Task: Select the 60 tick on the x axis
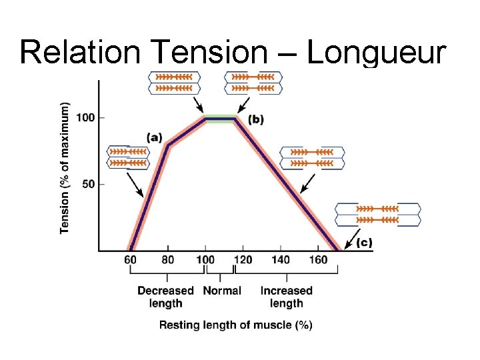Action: (x=131, y=259)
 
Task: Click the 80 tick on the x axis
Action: (x=168, y=259)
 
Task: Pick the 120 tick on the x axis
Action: (x=243, y=259)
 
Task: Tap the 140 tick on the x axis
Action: (x=281, y=259)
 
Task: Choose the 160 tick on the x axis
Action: (x=318, y=259)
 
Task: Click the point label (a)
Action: (x=154, y=137)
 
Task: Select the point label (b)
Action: (x=256, y=119)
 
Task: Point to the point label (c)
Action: (x=364, y=243)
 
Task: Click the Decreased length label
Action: (x=165, y=297)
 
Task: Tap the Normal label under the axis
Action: (x=221, y=291)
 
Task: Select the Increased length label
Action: (x=286, y=297)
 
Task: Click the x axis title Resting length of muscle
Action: (x=235, y=325)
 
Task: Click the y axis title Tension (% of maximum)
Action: (x=65, y=168)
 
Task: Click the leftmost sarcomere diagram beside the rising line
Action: (x=128, y=157)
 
